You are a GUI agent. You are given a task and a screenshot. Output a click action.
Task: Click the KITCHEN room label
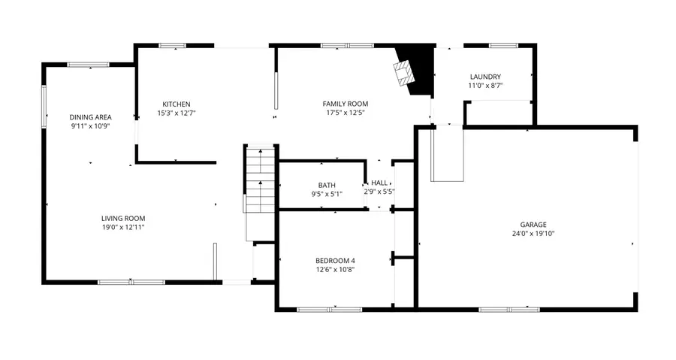pyautogui.click(x=177, y=104)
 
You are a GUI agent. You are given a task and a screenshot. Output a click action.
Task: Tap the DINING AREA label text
pyautogui.click(x=90, y=117)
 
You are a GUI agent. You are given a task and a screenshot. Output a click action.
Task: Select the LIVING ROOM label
pyautogui.click(x=123, y=218)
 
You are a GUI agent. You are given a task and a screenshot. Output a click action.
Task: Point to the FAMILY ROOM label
pyautogui.click(x=345, y=104)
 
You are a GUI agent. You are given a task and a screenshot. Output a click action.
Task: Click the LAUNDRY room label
pyautogui.click(x=485, y=77)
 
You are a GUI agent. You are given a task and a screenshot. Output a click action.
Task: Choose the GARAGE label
pyautogui.click(x=533, y=224)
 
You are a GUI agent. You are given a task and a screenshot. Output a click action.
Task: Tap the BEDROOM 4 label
pyautogui.click(x=335, y=260)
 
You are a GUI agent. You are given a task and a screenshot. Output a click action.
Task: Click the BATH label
pyautogui.click(x=327, y=185)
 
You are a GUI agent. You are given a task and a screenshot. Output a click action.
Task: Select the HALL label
pyautogui.click(x=379, y=183)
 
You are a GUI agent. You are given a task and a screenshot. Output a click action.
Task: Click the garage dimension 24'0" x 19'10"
pyautogui.click(x=533, y=233)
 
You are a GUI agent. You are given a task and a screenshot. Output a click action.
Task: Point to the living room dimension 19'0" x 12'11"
pyautogui.click(x=123, y=227)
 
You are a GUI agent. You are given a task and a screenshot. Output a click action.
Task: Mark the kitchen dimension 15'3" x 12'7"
pyautogui.click(x=177, y=113)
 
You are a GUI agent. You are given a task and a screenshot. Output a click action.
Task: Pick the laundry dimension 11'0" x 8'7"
pyautogui.click(x=485, y=86)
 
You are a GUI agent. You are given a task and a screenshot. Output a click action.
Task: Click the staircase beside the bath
pyautogui.click(x=260, y=180)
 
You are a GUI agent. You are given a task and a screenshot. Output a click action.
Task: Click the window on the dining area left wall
pyautogui.click(x=44, y=105)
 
